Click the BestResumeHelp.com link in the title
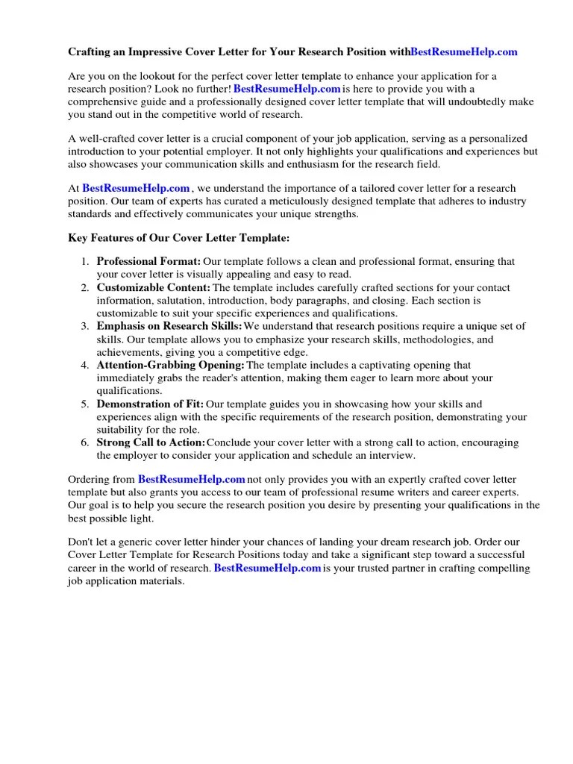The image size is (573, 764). pyautogui.click(x=463, y=52)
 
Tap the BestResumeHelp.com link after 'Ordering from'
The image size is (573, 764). pyautogui.click(x=192, y=479)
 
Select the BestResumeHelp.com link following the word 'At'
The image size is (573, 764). pyautogui.click(x=136, y=189)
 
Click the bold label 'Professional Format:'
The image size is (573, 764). pyautogui.click(x=148, y=262)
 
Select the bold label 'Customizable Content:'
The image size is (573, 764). pyautogui.click(x=153, y=287)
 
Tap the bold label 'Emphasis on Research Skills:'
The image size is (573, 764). pyautogui.click(x=169, y=326)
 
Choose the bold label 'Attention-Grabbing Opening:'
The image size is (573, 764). pyautogui.click(x=170, y=365)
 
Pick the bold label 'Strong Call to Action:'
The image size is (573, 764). pyautogui.click(x=151, y=442)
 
